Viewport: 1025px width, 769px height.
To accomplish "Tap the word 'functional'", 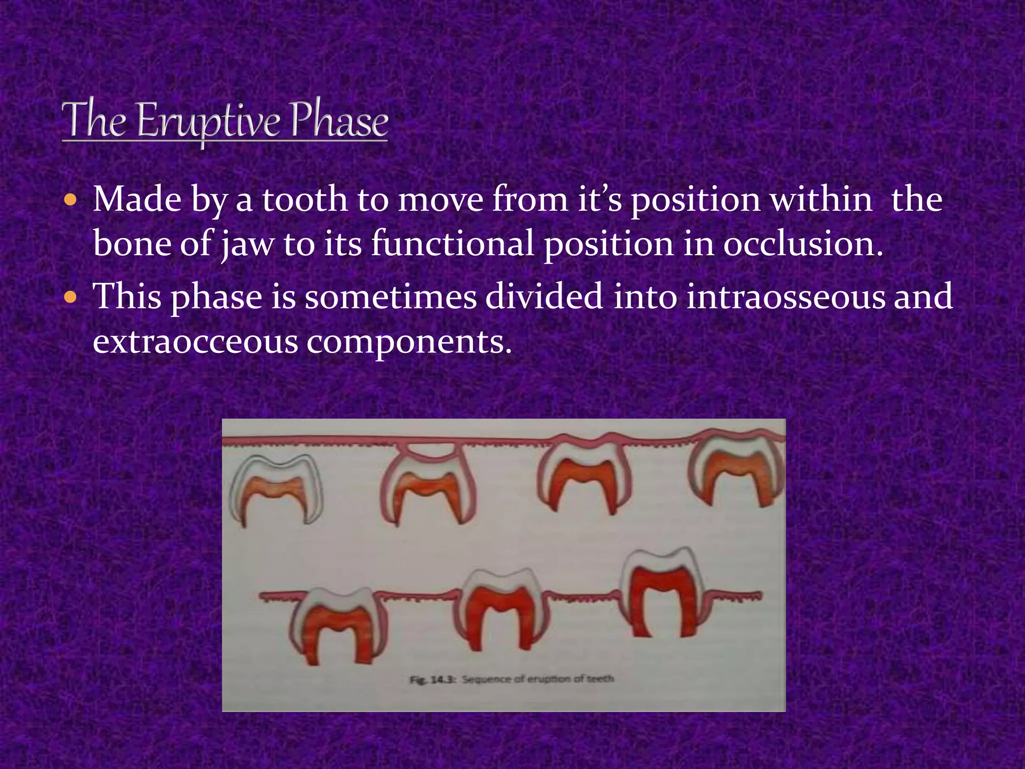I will (x=452, y=244).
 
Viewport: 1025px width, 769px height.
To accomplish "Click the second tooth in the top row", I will (x=428, y=488).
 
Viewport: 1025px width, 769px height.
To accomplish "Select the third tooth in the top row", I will (x=583, y=478).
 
